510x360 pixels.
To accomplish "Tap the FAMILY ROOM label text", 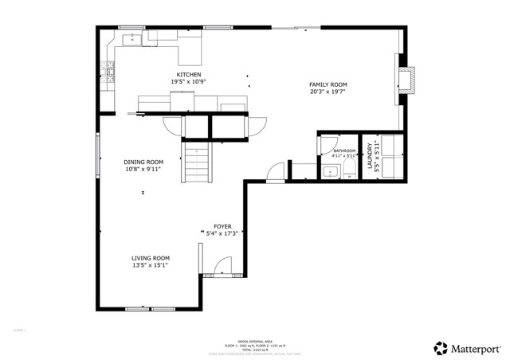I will click(328, 84).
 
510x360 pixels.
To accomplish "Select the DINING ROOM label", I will click(143, 162).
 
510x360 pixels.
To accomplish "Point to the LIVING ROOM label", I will click(151, 258).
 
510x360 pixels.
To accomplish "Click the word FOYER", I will click(222, 227).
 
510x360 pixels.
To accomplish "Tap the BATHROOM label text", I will click(344, 151).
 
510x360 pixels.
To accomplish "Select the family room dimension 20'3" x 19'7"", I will click(328, 92).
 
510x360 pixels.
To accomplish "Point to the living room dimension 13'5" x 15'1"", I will click(151, 265).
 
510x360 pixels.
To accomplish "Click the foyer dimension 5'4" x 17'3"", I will click(222, 234).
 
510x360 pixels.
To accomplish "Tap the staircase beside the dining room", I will click(197, 162).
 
